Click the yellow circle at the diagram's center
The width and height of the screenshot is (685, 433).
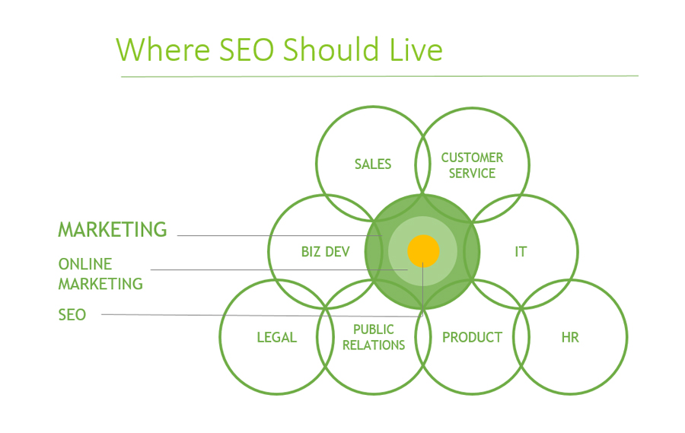(423, 251)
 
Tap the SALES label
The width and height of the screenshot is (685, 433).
(373, 164)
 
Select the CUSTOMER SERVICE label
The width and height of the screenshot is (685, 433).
(472, 165)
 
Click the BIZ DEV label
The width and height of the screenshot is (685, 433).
(326, 252)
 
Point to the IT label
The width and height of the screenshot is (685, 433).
(521, 252)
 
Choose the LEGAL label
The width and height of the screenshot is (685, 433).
(276, 337)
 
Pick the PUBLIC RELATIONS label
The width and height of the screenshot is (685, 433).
(374, 337)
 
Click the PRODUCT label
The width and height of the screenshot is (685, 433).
(472, 337)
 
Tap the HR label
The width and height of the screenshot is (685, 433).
(570, 337)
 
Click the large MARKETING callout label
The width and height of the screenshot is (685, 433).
(113, 229)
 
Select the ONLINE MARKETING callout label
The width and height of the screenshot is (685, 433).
(100, 274)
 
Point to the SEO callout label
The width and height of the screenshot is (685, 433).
(72, 314)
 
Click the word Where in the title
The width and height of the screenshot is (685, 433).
(163, 49)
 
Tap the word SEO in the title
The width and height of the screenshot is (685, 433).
(246, 49)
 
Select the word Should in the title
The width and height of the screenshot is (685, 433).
(330, 49)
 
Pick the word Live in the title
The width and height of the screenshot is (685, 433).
(416, 49)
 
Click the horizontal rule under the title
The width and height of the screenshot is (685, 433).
(380, 76)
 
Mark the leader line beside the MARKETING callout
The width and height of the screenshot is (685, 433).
(279, 235)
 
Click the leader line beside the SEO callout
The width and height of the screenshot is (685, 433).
(262, 315)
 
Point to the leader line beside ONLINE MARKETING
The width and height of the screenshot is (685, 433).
(279, 269)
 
